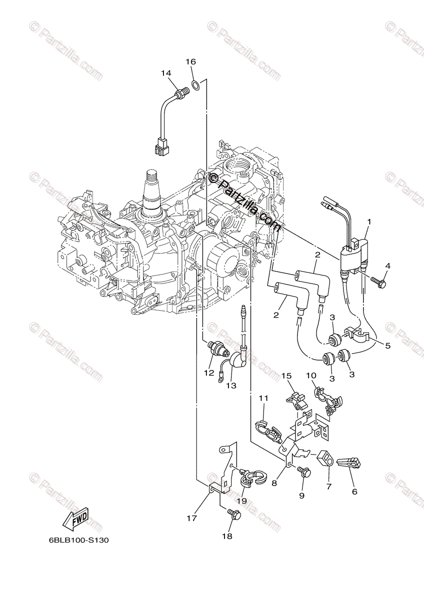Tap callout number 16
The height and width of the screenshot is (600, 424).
190,62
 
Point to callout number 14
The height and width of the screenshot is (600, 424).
166,73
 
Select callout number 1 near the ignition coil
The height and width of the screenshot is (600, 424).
369,221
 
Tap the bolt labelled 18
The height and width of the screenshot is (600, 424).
234,513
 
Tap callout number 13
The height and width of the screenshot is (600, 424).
230,386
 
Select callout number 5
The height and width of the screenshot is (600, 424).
387,345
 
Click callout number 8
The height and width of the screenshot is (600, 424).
274,483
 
